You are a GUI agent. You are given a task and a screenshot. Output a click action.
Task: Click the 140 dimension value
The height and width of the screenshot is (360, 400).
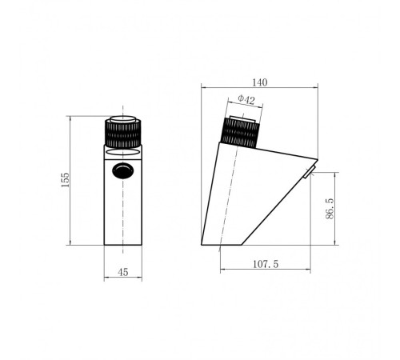[259, 82]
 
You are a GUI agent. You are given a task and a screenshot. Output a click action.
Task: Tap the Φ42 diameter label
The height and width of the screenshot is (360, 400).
[246, 99]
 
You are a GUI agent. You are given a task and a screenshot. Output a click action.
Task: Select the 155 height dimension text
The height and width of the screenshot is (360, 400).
[65, 180]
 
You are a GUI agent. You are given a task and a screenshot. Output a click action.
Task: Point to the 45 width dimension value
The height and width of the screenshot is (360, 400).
[123, 272]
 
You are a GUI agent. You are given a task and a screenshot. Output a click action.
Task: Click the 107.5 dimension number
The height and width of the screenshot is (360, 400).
[266, 264]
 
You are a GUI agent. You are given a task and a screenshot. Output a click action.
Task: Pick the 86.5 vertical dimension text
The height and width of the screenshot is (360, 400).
[330, 208]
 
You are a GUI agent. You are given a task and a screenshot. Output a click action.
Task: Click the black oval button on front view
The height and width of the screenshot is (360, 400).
[122, 170]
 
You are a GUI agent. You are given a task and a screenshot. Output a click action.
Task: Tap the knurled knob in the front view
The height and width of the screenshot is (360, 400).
[122, 134]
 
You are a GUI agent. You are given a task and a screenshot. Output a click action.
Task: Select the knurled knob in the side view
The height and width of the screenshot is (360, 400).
[240, 133]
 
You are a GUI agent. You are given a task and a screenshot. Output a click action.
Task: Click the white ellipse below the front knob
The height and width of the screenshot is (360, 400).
[122, 152]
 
